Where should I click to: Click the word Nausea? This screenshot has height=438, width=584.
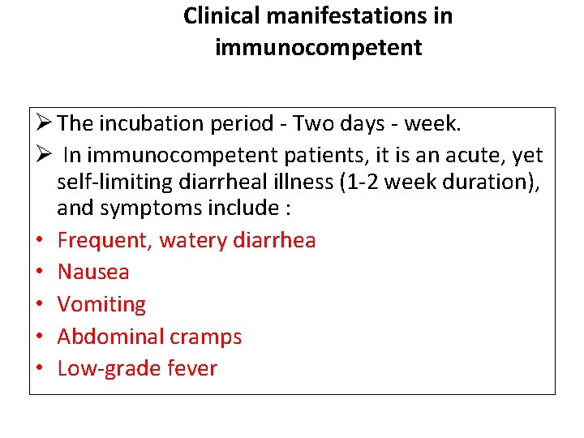93,272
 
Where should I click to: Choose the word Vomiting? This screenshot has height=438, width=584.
101,304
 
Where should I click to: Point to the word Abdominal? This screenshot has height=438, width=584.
106,337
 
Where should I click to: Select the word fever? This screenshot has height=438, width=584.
192,368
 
